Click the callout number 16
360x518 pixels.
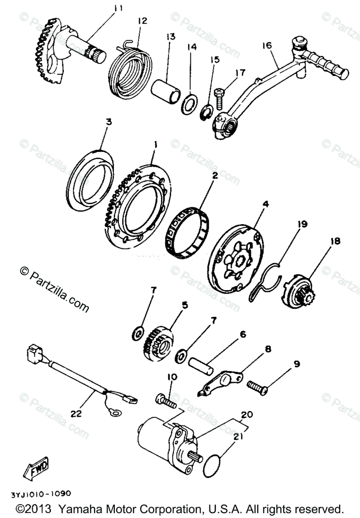[x=267, y=44]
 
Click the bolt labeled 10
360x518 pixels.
[x=166, y=400]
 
